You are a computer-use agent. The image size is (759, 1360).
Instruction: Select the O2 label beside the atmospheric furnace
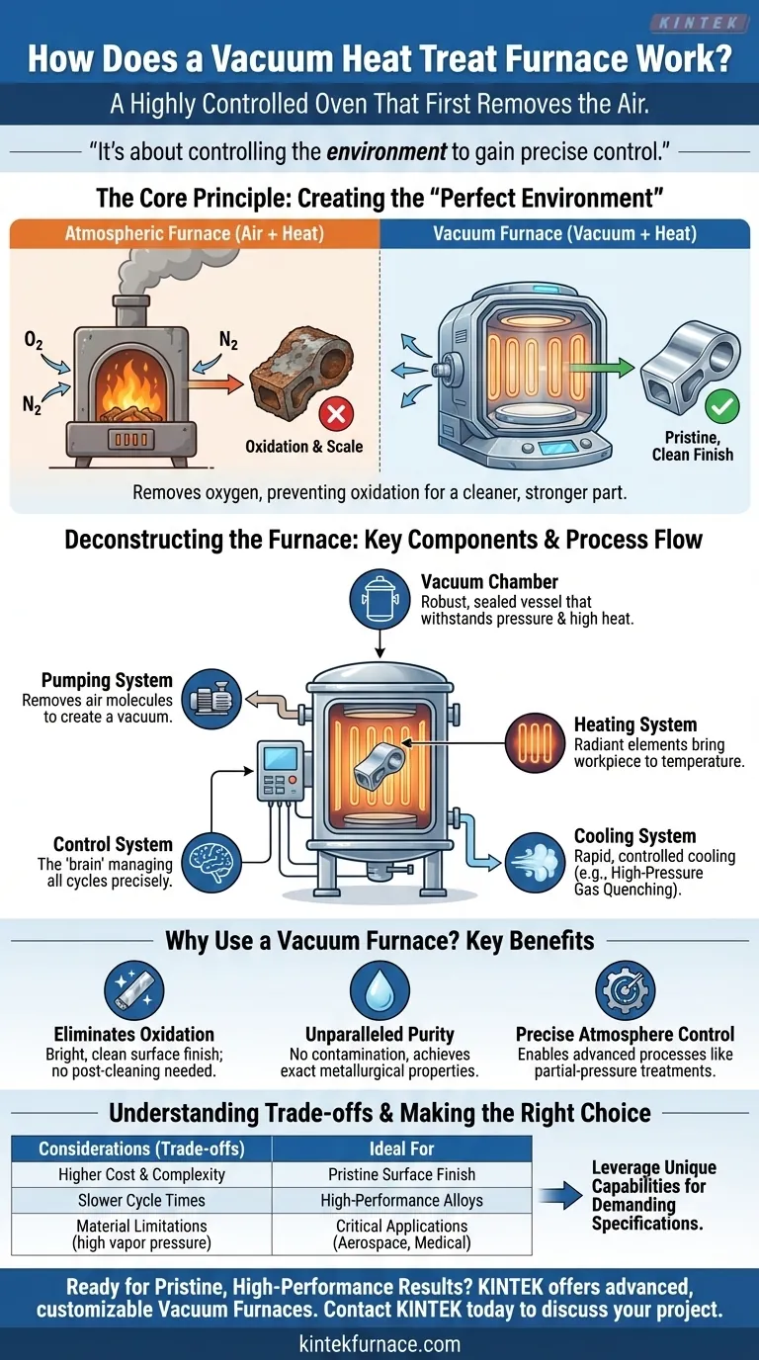click(33, 341)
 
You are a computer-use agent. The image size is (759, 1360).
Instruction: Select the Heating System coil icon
click(535, 741)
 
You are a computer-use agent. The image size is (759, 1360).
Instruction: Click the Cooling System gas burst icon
click(534, 856)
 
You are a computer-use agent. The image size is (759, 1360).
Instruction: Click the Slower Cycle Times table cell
click(141, 1200)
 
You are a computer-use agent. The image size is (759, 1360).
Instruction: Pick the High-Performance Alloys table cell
click(401, 1200)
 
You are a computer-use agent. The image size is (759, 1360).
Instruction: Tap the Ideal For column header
click(401, 1148)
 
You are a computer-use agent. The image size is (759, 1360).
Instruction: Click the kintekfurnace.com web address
click(379, 1343)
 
